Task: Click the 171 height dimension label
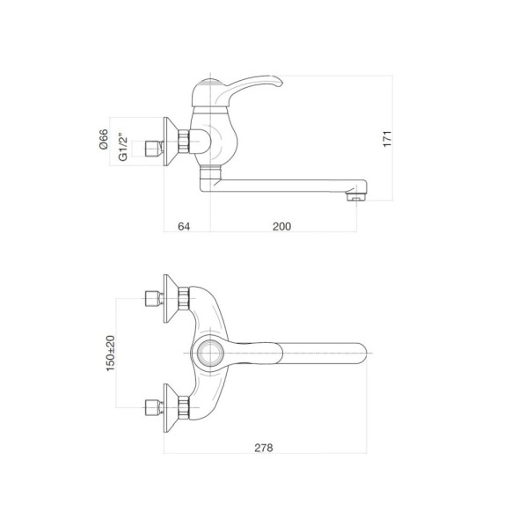(x=387, y=139)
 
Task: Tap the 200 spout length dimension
(x=281, y=226)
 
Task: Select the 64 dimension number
(x=184, y=226)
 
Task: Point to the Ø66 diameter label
(x=104, y=139)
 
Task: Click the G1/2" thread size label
(x=122, y=147)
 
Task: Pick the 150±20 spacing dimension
(x=110, y=354)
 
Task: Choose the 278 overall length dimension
(x=264, y=448)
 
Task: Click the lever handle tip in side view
(x=279, y=82)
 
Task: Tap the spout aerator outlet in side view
(x=355, y=197)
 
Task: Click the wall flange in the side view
(x=171, y=142)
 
